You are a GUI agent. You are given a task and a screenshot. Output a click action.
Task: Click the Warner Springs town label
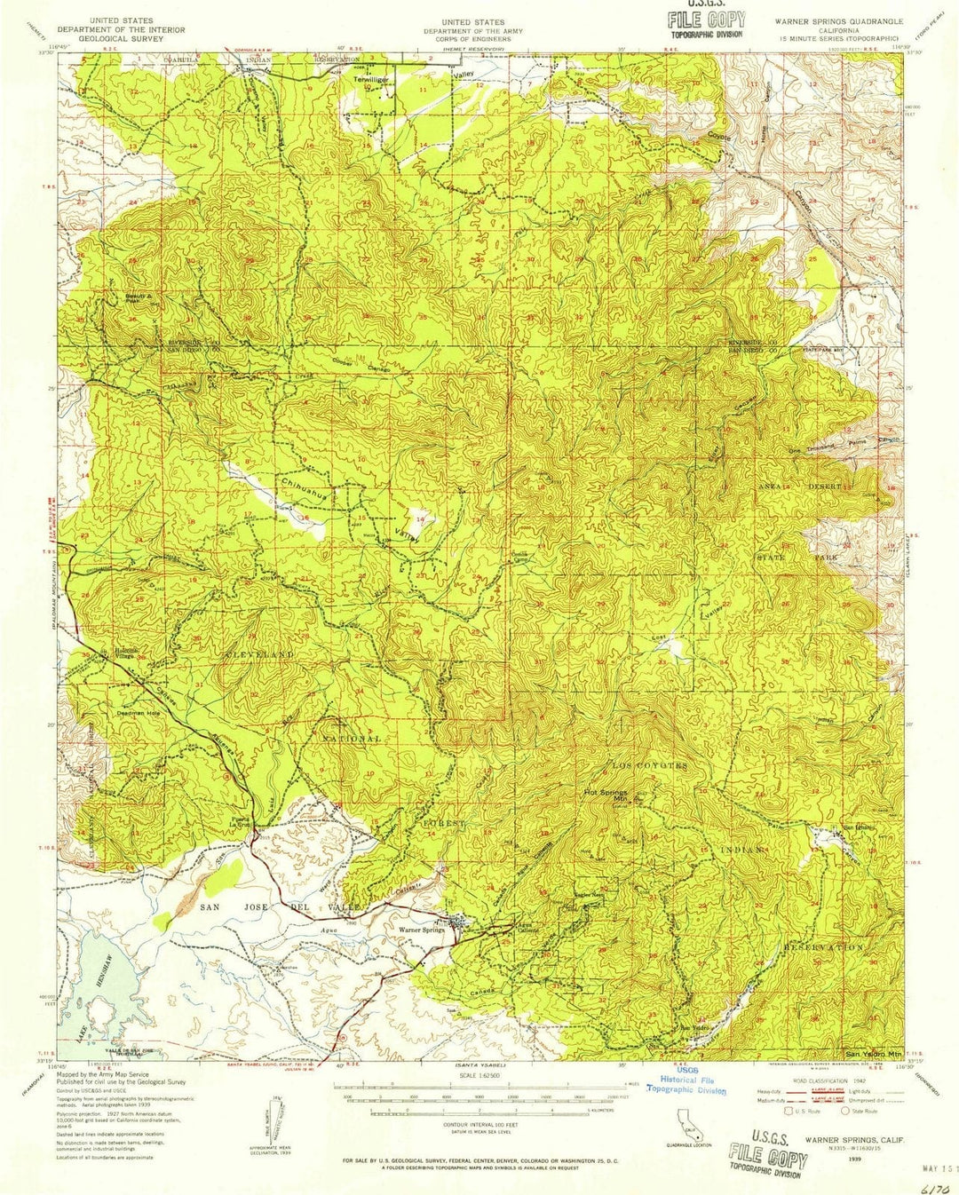421,930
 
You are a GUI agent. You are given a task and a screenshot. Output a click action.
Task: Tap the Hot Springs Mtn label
606,795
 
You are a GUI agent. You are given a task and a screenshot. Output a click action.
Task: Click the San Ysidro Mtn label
871,1052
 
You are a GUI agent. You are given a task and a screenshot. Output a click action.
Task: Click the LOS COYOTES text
648,765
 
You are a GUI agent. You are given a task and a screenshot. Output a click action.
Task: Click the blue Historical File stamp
686,1085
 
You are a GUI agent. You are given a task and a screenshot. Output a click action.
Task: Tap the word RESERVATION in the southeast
823,947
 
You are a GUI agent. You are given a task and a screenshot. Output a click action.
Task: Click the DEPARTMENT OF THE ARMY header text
472,31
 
